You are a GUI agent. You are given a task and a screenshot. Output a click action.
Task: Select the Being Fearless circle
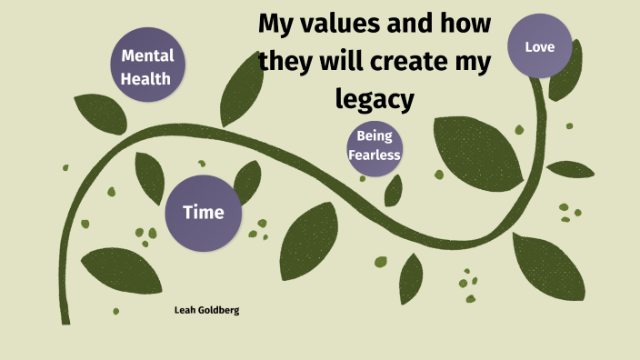click(374, 145)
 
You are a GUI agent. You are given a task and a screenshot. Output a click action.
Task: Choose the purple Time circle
click(203, 213)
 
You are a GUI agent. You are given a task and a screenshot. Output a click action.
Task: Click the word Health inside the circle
click(147, 78)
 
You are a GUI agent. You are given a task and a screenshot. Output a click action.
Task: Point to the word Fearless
click(374, 154)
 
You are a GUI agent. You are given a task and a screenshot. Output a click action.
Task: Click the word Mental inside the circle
click(147, 56)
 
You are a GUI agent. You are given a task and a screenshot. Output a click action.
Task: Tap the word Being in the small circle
click(374, 136)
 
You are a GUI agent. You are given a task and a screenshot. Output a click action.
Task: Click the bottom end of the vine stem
click(65, 320)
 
